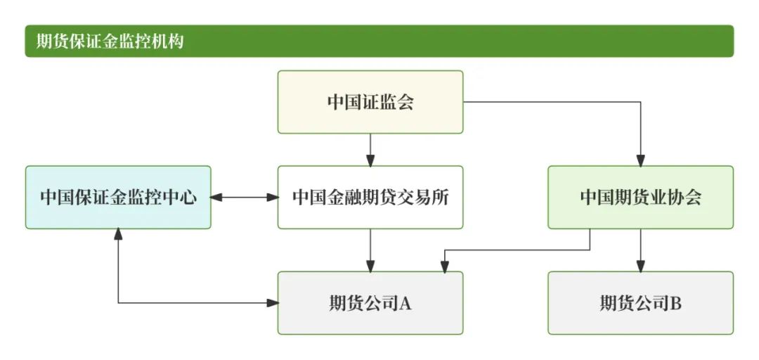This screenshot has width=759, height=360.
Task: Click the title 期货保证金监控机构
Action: [x=110, y=41]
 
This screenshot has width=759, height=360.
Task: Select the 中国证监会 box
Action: [x=370, y=102]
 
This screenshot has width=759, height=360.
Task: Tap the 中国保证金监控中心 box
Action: [x=118, y=198]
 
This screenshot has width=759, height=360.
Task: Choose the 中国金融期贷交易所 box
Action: [x=370, y=198]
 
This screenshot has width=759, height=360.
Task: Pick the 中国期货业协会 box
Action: [x=640, y=198]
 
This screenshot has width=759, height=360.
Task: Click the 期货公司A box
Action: [x=370, y=303]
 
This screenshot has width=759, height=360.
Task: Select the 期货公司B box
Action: [x=640, y=303]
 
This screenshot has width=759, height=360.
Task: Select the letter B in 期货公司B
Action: [x=675, y=304]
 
